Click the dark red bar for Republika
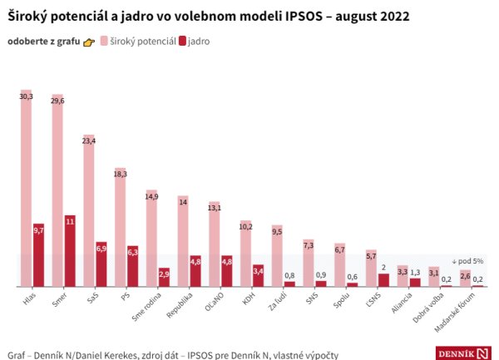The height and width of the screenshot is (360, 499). click(x=195, y=271)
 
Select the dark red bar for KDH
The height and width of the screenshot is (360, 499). click(x=258, y=275)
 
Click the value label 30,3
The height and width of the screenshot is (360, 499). click(x=26, y=96)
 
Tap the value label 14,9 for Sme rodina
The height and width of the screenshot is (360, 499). click(x=151, y=196)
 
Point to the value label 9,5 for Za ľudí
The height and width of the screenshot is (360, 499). click(x=277, y=231)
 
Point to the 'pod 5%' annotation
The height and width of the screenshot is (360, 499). click(x=467, y=260)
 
